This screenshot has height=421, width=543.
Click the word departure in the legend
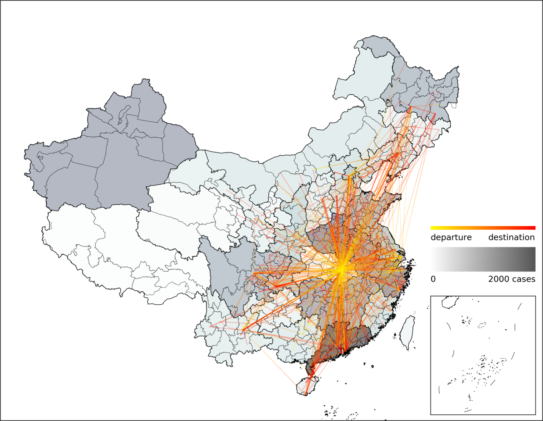[451, 237]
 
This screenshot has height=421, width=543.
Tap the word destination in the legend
[511, 237]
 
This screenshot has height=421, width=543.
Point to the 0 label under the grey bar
[433, 279]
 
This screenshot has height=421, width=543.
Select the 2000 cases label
[511, 279]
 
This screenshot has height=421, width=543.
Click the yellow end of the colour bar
[433, 228]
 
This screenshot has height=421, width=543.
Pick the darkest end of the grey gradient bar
[532, 259]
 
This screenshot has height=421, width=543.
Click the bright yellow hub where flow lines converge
[340, 268]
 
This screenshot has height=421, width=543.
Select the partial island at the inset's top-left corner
[450, 302]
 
